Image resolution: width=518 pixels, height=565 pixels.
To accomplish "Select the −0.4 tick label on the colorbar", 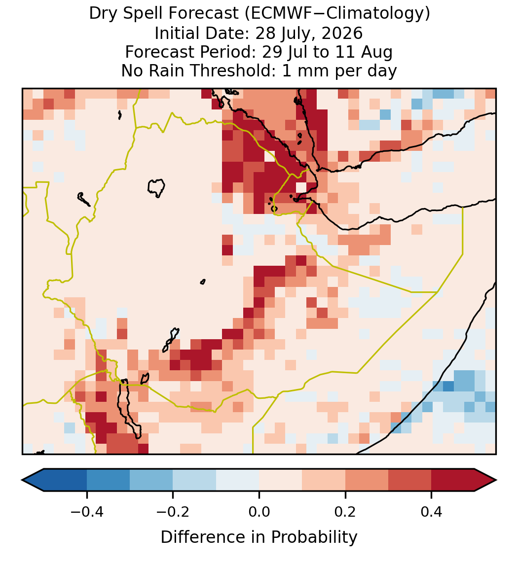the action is click(x=86, y=511).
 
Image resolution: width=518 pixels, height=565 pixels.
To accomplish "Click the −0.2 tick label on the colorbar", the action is click(x=173, y=511).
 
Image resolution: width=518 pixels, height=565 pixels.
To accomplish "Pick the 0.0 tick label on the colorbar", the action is click(x=259, y=511).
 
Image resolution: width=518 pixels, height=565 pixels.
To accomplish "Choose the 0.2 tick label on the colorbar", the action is click(x=345, y=511).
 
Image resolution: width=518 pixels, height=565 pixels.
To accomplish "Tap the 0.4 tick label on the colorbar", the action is click(x=432, y=511).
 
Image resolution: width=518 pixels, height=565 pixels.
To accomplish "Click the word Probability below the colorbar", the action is click(x=314, y=537).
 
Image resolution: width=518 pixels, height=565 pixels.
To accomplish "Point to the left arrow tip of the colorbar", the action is click(x=22, y=480).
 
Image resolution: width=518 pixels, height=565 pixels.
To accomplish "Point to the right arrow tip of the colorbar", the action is click(x=496, y=480).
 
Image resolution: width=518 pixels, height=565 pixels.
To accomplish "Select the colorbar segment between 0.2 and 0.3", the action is click(x=367, y=480).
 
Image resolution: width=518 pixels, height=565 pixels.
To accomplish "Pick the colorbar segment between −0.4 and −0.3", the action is click(x=108, y=480).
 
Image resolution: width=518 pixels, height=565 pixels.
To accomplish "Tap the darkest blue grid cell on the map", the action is click(x=448, y=386).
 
